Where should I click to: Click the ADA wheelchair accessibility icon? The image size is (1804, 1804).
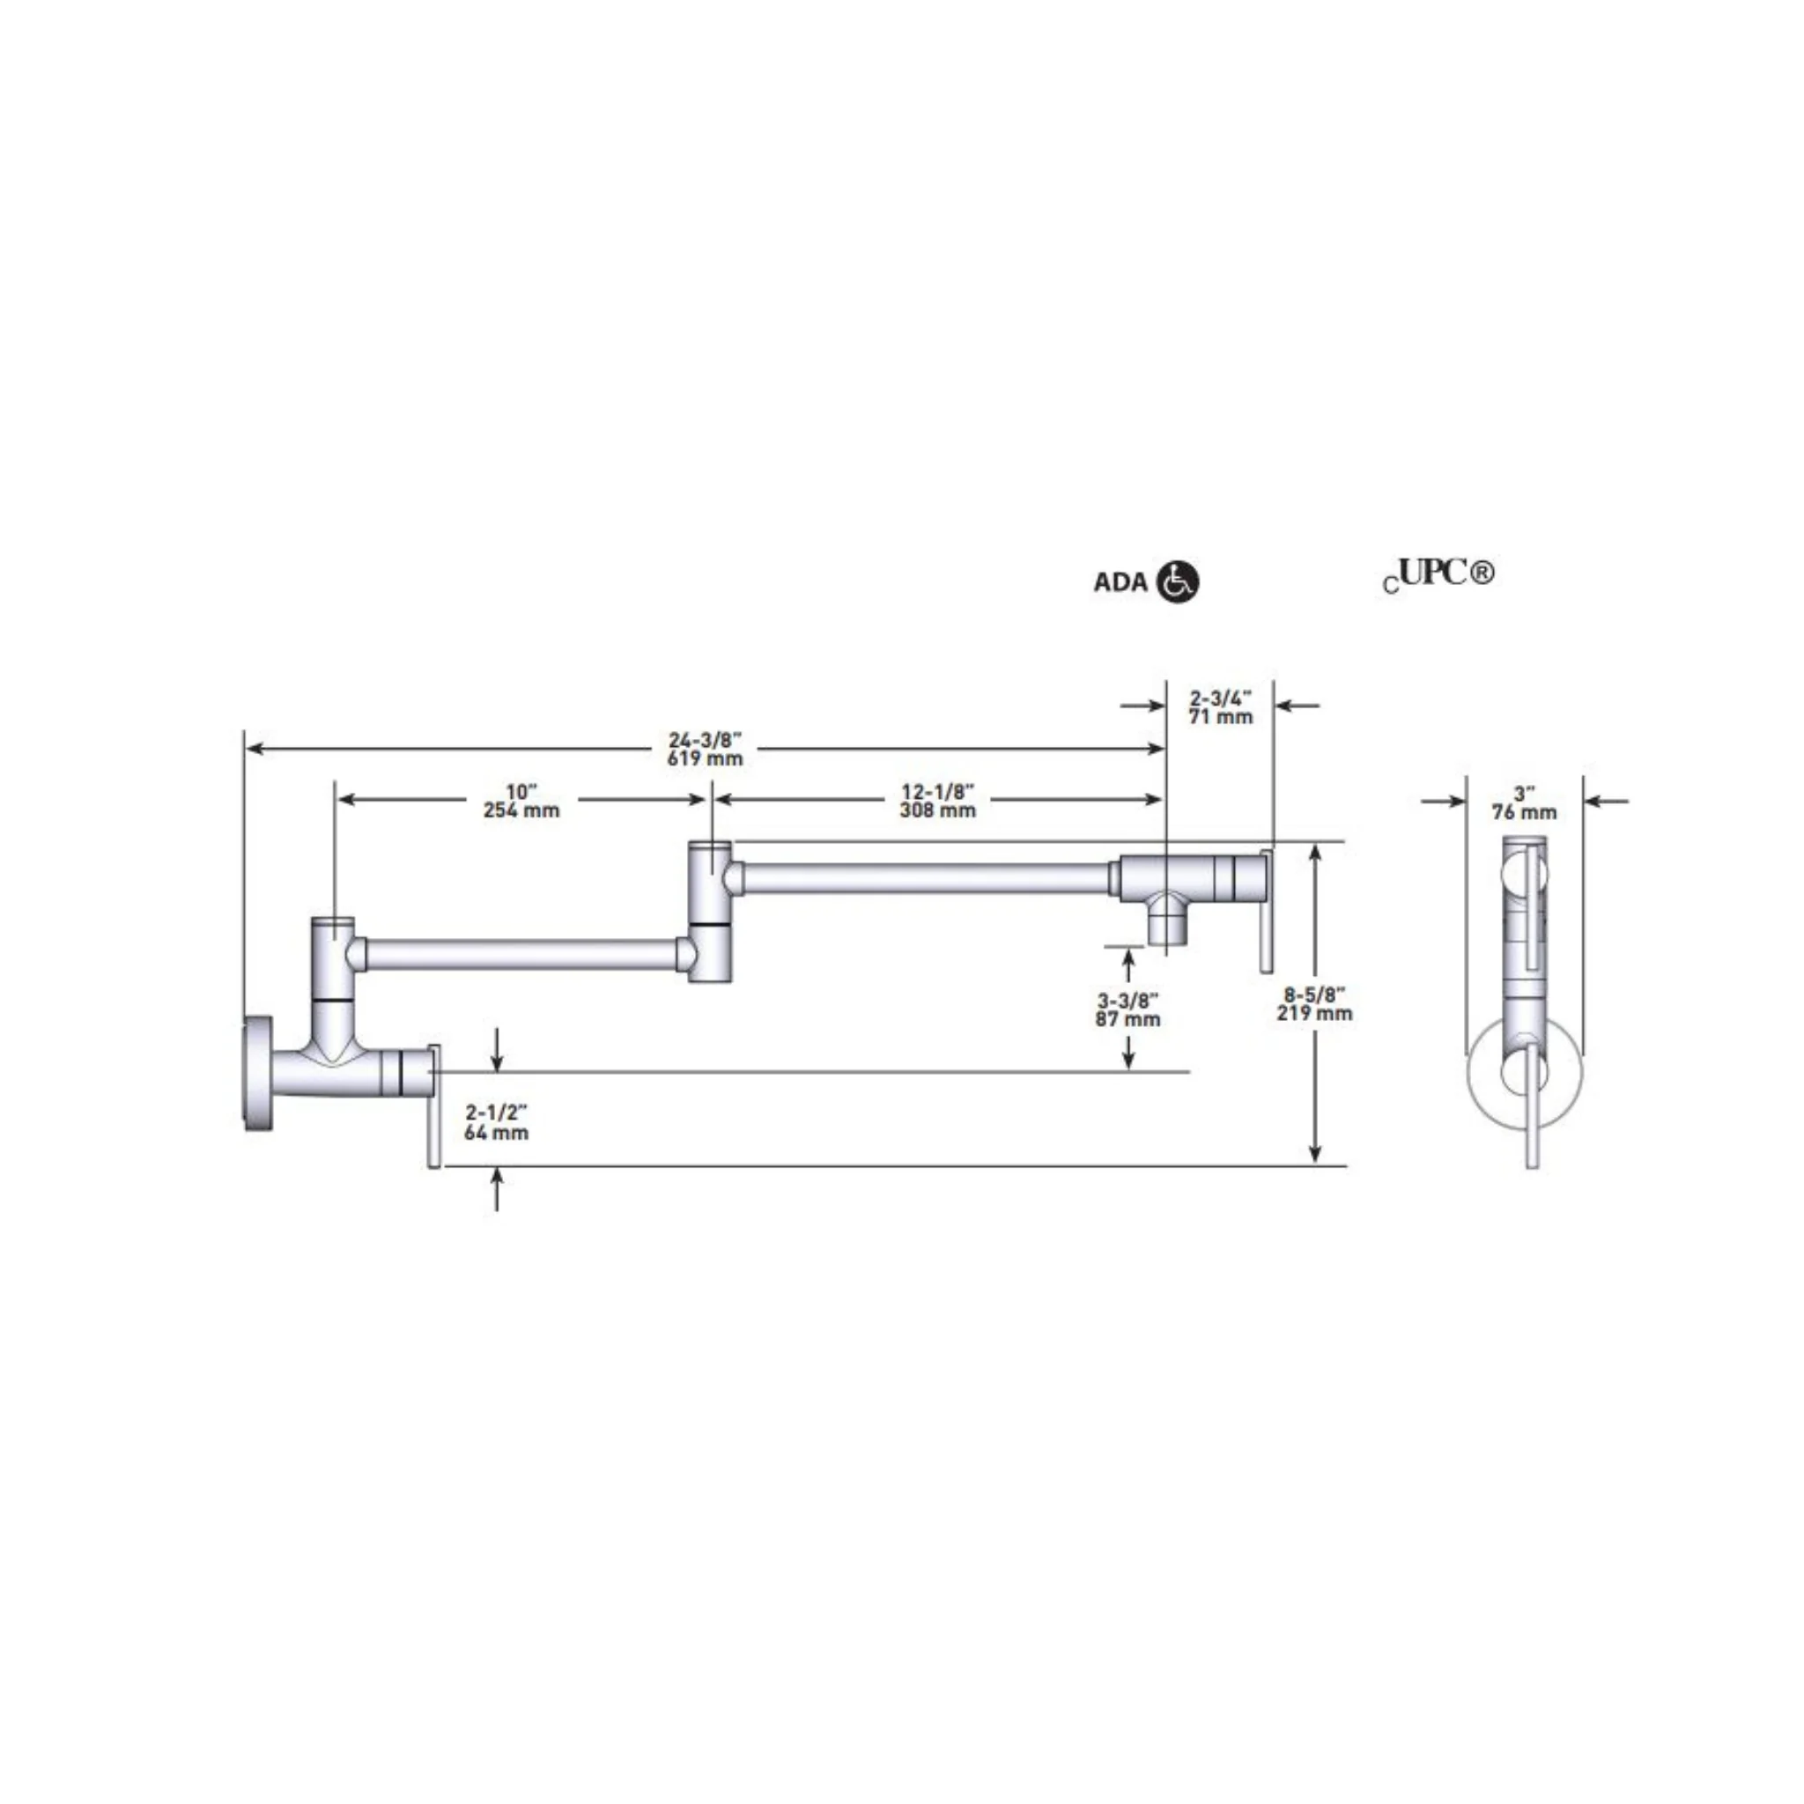[x=1178, y=581]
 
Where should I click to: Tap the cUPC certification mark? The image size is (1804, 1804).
[x=1439, y=574]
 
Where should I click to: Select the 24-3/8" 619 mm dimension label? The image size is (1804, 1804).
[x=705, y=750]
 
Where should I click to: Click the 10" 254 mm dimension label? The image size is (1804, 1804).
[x=521, y=802]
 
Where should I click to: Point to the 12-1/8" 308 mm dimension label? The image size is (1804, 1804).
[x=937, y=802]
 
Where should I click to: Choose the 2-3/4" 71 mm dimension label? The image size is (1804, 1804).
[x=1220, y=706]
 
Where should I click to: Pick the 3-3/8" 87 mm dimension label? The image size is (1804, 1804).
[x=1128, y=1010]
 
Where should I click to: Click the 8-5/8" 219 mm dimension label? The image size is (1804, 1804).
[x=1315, y=1004]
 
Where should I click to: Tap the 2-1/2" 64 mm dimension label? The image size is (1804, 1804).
[x=496, y=1122]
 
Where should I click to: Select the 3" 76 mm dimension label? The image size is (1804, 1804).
[x=1524, y=803]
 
